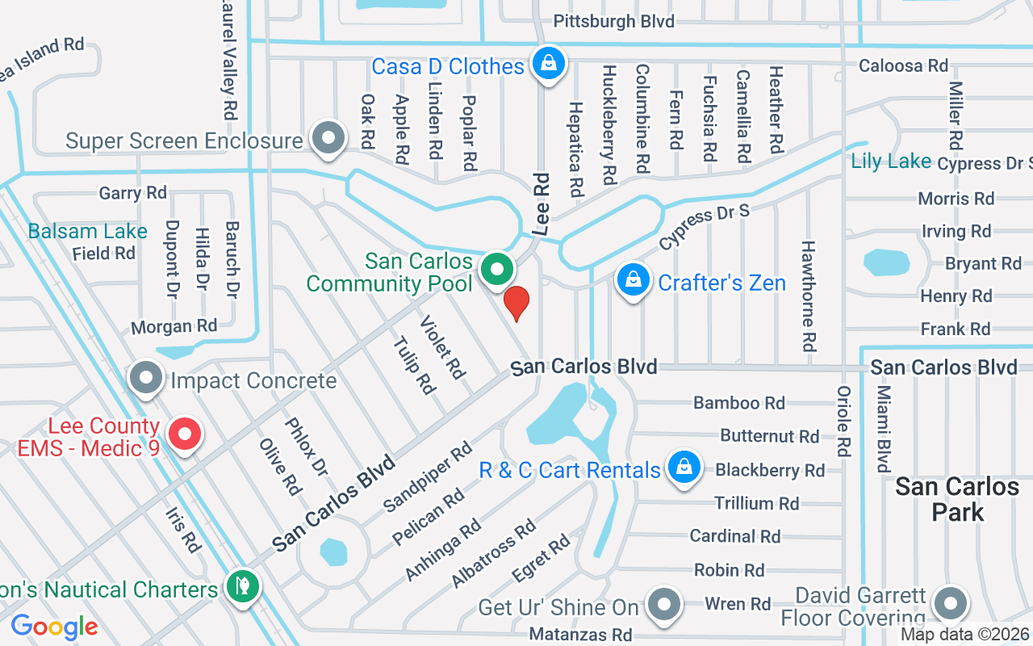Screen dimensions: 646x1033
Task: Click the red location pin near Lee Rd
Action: point(516,302)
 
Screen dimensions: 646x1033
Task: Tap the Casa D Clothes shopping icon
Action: point(549,62)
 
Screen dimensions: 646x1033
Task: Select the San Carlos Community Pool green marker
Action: point(498,270)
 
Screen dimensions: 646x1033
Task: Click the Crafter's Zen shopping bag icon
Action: point(634,280)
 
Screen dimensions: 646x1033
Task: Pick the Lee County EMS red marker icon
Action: point(185,434)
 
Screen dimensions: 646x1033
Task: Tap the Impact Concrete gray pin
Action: point(146,377)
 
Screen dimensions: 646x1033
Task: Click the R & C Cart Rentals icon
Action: point(684,468)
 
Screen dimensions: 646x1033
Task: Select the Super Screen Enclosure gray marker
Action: point(328,138)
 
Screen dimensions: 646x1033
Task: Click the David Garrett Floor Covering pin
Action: point(950,603)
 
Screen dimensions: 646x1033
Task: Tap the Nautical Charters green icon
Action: point(241,585)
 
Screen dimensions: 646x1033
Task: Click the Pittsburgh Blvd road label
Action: point(614,22)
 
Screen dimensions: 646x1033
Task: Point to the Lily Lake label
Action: point(891,161)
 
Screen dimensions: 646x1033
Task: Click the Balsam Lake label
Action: point(87,232)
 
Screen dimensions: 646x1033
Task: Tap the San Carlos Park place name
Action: point(957,498)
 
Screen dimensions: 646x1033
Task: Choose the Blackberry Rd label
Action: point(769,470)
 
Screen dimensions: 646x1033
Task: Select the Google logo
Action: point(54,627)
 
